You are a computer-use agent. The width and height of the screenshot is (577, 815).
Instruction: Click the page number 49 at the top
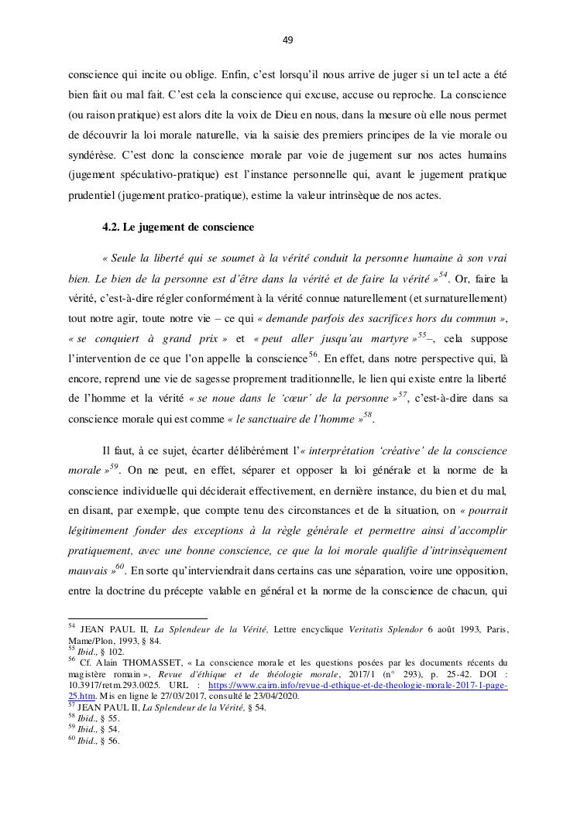[287, 40]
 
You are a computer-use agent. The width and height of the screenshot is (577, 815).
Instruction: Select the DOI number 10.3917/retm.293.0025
[115, 685]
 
